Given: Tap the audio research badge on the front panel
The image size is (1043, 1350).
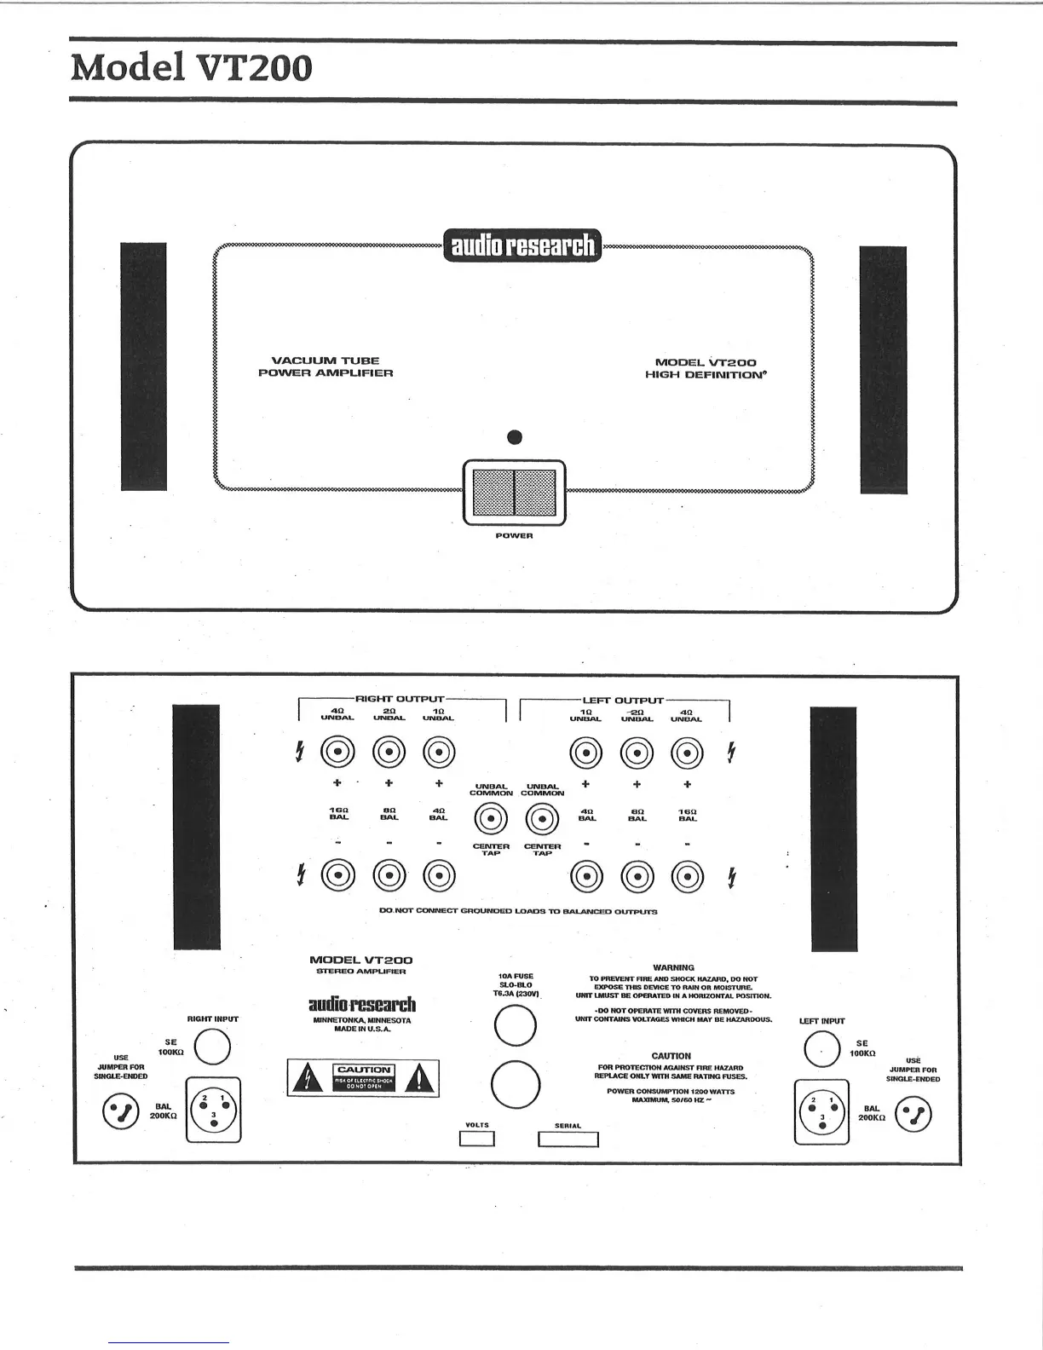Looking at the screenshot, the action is (x=521, y=245).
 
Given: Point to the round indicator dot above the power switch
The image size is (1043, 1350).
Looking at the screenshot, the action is (x=514, y=438).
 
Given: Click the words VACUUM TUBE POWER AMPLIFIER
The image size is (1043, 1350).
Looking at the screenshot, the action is (x=326, y=366).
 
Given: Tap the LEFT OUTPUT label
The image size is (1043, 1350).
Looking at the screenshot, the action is (x=622, y=700).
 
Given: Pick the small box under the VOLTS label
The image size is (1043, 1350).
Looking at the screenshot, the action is (x=477, y=1139).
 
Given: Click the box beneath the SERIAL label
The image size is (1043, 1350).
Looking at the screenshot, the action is (x=568, y=1139).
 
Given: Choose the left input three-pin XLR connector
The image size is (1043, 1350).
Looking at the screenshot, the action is (x=822, y=1111).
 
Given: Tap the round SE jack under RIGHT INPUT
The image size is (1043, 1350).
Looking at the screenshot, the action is (x=212, y=1047).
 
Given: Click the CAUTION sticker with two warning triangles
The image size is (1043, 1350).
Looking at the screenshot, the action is (x=364, y=1078).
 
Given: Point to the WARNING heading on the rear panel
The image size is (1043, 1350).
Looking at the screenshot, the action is (x=673, y=967).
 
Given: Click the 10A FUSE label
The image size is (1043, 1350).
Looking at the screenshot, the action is (x=516, y=976).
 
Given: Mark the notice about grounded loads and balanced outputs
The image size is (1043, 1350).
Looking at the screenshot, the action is (x=517, y=911).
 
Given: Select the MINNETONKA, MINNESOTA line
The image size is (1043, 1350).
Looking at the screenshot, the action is (x=361, y=1020).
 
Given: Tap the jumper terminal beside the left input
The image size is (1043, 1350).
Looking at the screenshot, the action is (x=913, y=1114).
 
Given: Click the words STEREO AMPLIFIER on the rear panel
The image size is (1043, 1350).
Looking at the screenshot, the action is (x=360, y=972).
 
